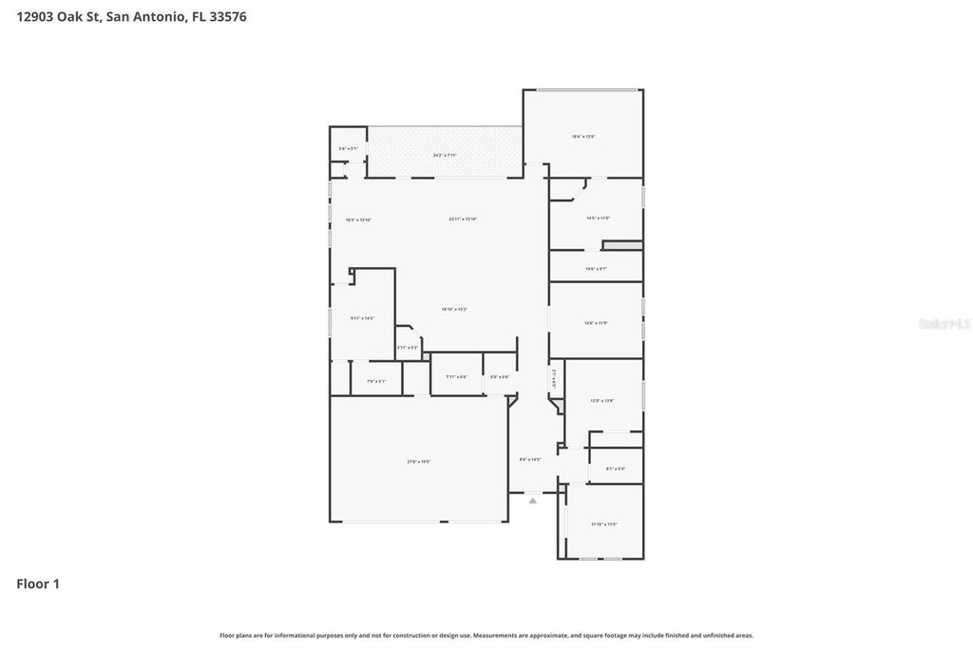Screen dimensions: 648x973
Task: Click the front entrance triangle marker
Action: (533, 499)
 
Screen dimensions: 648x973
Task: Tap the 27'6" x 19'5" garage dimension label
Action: (419, 462)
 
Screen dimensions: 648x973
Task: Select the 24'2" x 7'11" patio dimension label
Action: (446, 155)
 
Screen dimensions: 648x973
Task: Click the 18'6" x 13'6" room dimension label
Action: (583, 137)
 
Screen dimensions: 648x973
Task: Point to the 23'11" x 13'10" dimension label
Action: (463, 219)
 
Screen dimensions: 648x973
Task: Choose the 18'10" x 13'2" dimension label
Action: (454, 309)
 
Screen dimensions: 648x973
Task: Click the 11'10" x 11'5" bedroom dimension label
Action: (604, 524)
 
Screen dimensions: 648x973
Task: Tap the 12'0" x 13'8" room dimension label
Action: (603, 401)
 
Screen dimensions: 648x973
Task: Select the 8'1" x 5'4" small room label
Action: (616, 468)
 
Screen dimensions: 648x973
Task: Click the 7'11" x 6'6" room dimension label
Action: (456, 377)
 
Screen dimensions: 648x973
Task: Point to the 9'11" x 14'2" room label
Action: (362, 318)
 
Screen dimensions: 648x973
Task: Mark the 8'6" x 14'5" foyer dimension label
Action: (530, 460)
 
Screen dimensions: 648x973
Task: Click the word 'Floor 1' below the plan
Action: (38, 584)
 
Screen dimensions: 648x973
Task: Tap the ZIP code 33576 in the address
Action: (227, 16)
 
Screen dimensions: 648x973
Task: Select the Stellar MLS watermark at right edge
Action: (944, 324)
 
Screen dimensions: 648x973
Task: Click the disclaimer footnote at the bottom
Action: (486, 635)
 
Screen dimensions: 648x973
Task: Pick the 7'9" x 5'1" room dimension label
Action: (376, 382)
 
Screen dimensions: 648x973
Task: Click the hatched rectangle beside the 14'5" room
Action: (623, 246)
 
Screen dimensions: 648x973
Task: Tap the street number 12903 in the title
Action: (36, 16)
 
